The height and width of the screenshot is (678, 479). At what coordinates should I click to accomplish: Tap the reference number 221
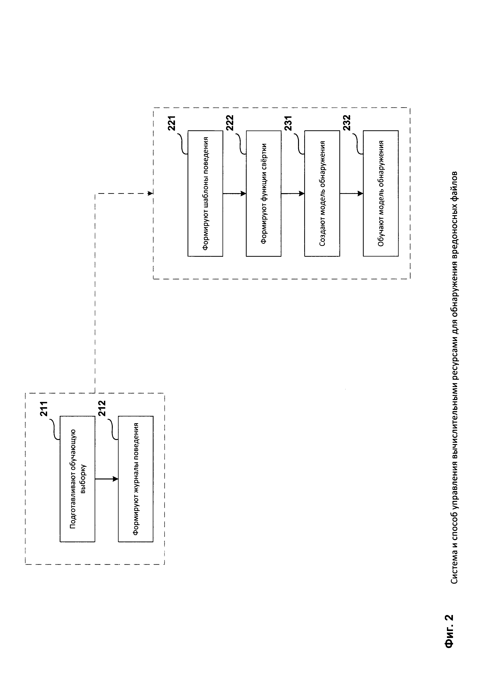pos(172,123)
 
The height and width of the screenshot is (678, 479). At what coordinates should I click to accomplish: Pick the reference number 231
pos(288,123)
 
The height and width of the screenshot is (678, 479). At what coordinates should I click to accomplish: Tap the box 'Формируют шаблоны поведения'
pos(205,193)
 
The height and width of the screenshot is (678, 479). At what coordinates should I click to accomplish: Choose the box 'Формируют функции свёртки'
pos(264,193)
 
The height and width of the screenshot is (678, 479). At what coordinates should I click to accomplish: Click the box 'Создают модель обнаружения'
pos(322,193)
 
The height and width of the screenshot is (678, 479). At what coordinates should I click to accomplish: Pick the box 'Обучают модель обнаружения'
pos(381,193)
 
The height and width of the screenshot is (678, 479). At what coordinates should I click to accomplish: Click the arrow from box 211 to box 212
pos(106,479)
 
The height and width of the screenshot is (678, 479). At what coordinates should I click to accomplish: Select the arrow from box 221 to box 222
pos(234,193)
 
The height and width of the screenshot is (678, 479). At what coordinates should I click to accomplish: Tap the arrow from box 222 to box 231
pos(293,193)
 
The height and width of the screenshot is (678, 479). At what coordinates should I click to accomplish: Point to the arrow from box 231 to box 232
pos(351,193)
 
